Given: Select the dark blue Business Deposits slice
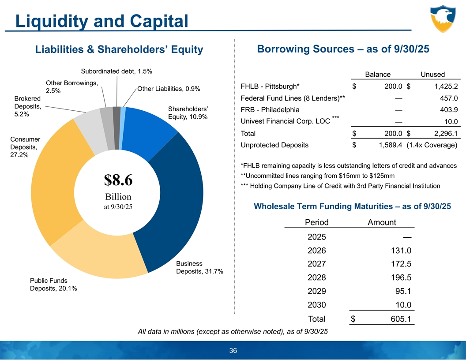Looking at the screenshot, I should coord(177,203).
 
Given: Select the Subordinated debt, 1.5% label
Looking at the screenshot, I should coord(116,71).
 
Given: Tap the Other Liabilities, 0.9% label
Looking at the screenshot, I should coord(169,89).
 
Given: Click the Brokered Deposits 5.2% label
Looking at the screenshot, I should coord(27,106).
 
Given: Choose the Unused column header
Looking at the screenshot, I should coord(432,74).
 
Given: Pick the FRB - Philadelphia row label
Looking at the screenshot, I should coord(270,110).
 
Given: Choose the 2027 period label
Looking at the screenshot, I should coord(317,264).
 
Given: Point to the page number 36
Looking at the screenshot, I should coord(233,351).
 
